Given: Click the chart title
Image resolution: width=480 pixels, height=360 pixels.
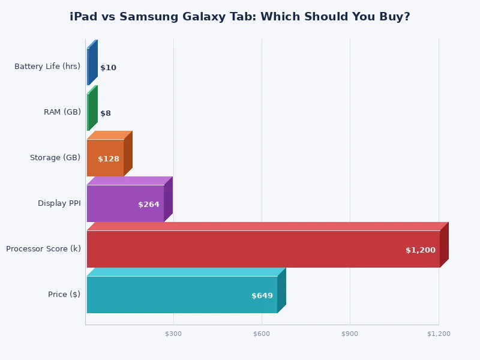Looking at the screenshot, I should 240,17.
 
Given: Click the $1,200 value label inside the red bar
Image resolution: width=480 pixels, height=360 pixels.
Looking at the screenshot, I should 420,250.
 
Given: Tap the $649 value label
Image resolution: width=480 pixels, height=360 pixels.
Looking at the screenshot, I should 262,296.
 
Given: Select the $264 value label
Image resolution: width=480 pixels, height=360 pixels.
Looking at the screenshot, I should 148,205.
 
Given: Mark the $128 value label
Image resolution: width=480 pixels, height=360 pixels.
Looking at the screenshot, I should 108,159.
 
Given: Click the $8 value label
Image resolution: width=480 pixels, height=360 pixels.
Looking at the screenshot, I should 106,113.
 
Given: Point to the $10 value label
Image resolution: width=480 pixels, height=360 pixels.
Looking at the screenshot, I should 108,68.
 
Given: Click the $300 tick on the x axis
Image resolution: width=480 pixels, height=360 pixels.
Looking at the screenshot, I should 173,334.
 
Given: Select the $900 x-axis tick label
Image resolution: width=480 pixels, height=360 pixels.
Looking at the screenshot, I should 350,334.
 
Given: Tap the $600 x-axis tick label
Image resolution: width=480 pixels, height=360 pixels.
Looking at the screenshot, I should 262,334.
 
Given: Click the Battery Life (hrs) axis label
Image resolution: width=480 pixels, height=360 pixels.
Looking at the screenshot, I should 47,67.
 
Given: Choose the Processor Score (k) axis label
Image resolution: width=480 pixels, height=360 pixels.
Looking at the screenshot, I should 43,249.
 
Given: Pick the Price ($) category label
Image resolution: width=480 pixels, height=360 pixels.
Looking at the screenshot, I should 64,295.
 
